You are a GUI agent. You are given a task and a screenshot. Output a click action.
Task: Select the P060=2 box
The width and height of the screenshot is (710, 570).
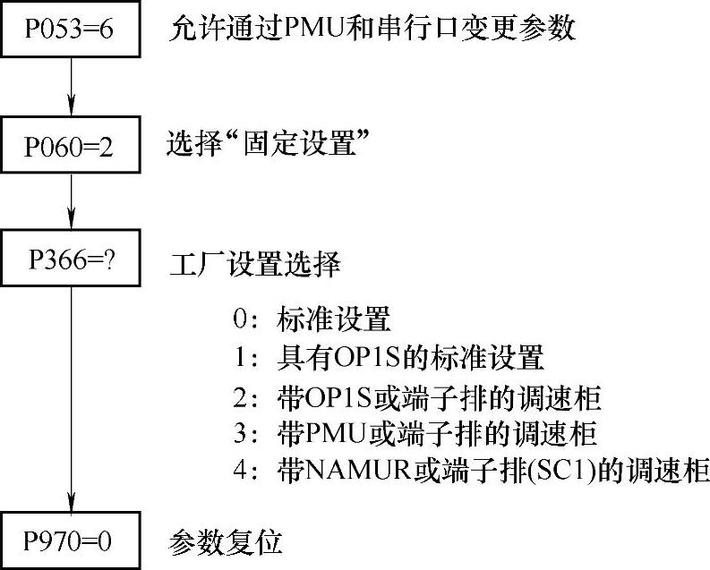coord(70,147)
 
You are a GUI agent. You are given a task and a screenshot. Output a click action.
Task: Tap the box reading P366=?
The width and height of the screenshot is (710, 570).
coord(70,260)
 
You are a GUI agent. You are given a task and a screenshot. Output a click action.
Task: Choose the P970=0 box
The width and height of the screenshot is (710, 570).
coord(70,541)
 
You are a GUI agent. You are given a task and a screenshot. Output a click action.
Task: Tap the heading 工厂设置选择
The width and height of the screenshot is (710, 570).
coord(254,266)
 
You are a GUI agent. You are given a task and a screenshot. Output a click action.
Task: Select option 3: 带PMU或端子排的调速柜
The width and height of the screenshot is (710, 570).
coord(412,434)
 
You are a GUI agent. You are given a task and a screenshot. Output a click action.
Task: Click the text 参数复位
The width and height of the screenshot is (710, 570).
coord(226,541)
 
